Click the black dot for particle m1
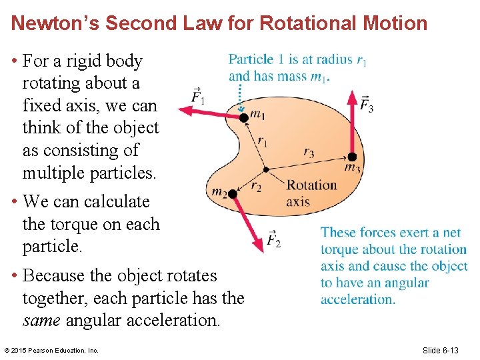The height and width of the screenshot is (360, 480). (x=244, y=117)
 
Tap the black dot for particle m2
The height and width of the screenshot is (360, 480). (x=232, y=195)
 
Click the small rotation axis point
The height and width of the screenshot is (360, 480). (x=265, y=169)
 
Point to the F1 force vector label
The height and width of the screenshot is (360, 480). (x=198, y=97)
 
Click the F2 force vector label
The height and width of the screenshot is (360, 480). (x=273, y=239)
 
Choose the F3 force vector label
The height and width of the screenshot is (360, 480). (x=366, y=103)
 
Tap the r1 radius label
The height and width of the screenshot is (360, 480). (x=263, y=141)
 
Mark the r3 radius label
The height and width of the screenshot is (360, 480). (x=309, y=152)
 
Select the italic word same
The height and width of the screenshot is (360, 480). (x=42, y=320)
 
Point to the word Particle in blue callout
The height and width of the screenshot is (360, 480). (x=252, y=59)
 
